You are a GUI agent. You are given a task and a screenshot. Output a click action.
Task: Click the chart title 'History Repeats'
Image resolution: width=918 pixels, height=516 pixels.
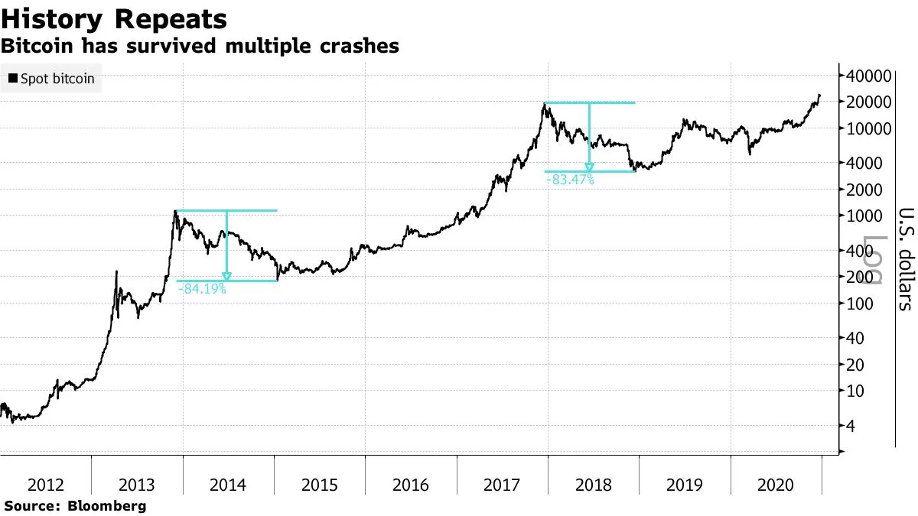(x=115, y=18)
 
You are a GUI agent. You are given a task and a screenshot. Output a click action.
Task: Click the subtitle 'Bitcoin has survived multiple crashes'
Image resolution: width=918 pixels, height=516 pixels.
(x=200, y=46)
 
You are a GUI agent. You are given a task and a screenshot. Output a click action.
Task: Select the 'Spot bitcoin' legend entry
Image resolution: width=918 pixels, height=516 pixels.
(x=52, y=78)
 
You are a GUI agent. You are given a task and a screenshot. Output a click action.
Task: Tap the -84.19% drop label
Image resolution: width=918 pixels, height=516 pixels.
(x=202, y=289)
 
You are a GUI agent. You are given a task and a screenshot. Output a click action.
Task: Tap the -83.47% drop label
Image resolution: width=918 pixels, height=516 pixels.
(x=570, y=180)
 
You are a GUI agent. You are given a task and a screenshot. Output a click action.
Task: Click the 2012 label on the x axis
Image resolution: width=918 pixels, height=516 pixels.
(x=45, y=484)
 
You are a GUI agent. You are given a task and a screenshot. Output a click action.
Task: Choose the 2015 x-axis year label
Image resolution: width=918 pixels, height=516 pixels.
(x=319, y=484)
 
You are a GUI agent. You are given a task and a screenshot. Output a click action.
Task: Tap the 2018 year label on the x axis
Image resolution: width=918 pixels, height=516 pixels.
(x=593, y=484)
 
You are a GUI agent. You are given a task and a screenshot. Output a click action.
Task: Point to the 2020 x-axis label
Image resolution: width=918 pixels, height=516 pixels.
(x=776, y=484)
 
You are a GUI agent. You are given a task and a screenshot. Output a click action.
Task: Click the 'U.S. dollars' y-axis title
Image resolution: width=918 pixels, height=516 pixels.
(x=905, y=258)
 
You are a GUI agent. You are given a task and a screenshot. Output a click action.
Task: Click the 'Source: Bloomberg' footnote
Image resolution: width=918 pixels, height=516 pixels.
(x=75, y=506)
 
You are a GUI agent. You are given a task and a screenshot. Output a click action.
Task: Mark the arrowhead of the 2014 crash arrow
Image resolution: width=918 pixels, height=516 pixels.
(x=226, y=277)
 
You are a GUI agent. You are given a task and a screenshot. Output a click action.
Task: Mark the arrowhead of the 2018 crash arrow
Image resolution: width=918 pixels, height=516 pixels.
(x=589, y=167)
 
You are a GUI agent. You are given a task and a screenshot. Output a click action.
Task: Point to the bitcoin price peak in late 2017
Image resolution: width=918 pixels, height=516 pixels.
(x=545, y=103)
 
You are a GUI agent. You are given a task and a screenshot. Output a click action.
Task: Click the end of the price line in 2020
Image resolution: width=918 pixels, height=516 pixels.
(x=819, y=96)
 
